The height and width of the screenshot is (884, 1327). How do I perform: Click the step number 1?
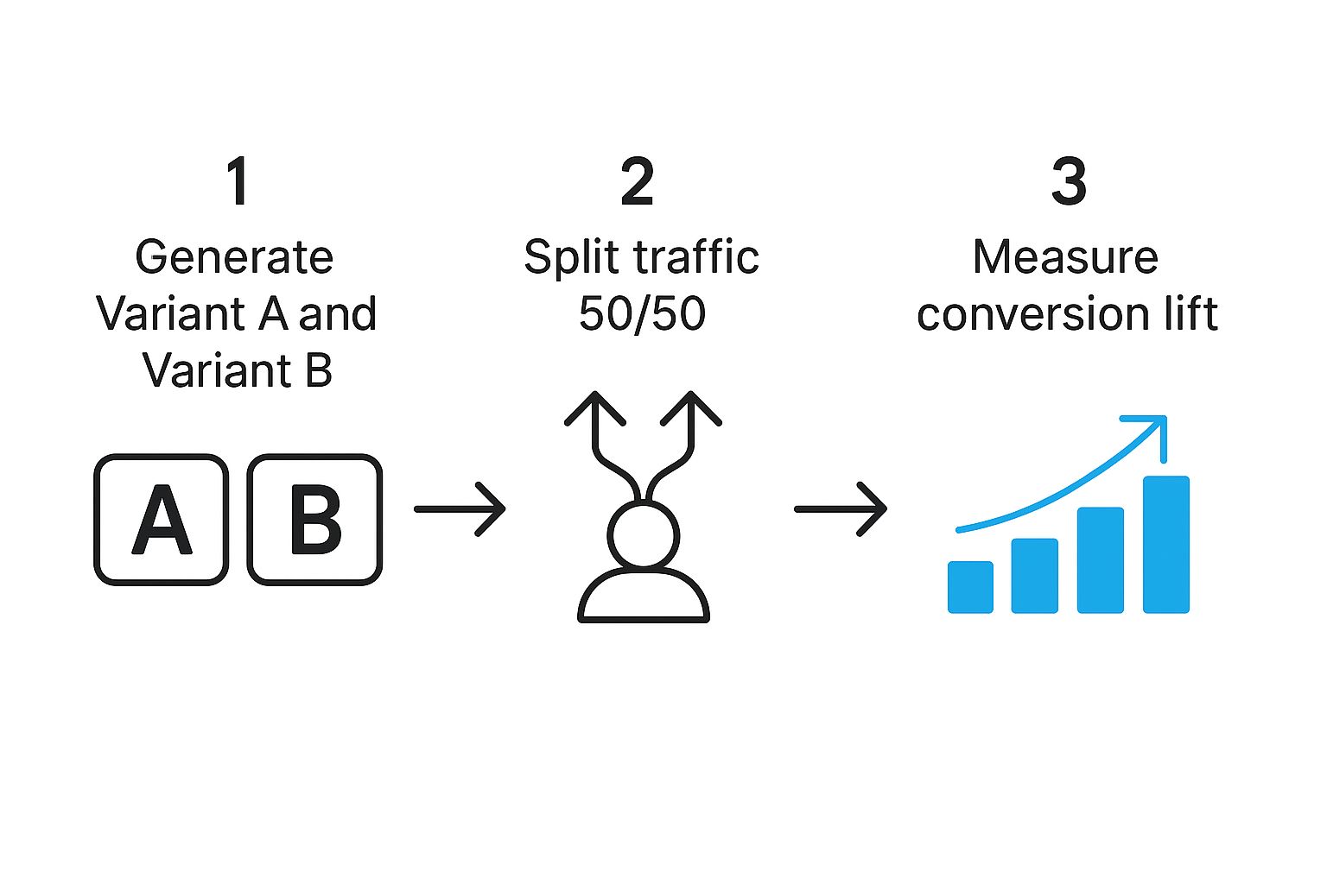(x=238, y=182)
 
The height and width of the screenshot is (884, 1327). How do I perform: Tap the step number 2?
(x=638, y=182)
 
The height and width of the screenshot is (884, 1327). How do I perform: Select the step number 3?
(x=1069, y=182)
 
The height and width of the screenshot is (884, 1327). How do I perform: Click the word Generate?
(x=234, y=257)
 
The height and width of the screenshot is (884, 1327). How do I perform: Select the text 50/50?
(x=642, y=313)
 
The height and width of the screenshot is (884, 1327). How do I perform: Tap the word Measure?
(x=1065, y=257)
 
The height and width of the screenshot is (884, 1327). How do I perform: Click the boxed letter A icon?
(x=162, y=520)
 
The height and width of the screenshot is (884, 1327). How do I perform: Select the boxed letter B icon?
(x=315, y=520)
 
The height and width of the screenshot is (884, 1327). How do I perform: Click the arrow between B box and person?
(x=460, y=509)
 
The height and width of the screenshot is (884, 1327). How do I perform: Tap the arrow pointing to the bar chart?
(x=841, y=509)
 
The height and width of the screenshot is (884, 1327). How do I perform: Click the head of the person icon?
(x=644, y=536)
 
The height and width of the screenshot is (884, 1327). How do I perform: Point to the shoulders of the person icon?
(x=644, y=597)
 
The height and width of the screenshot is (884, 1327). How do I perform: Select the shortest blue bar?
(x=970, y=587)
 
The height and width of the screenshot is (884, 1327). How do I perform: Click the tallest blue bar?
(x=1166, y=545)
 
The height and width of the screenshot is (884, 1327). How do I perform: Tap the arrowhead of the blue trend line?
(x=1156, y=424)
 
